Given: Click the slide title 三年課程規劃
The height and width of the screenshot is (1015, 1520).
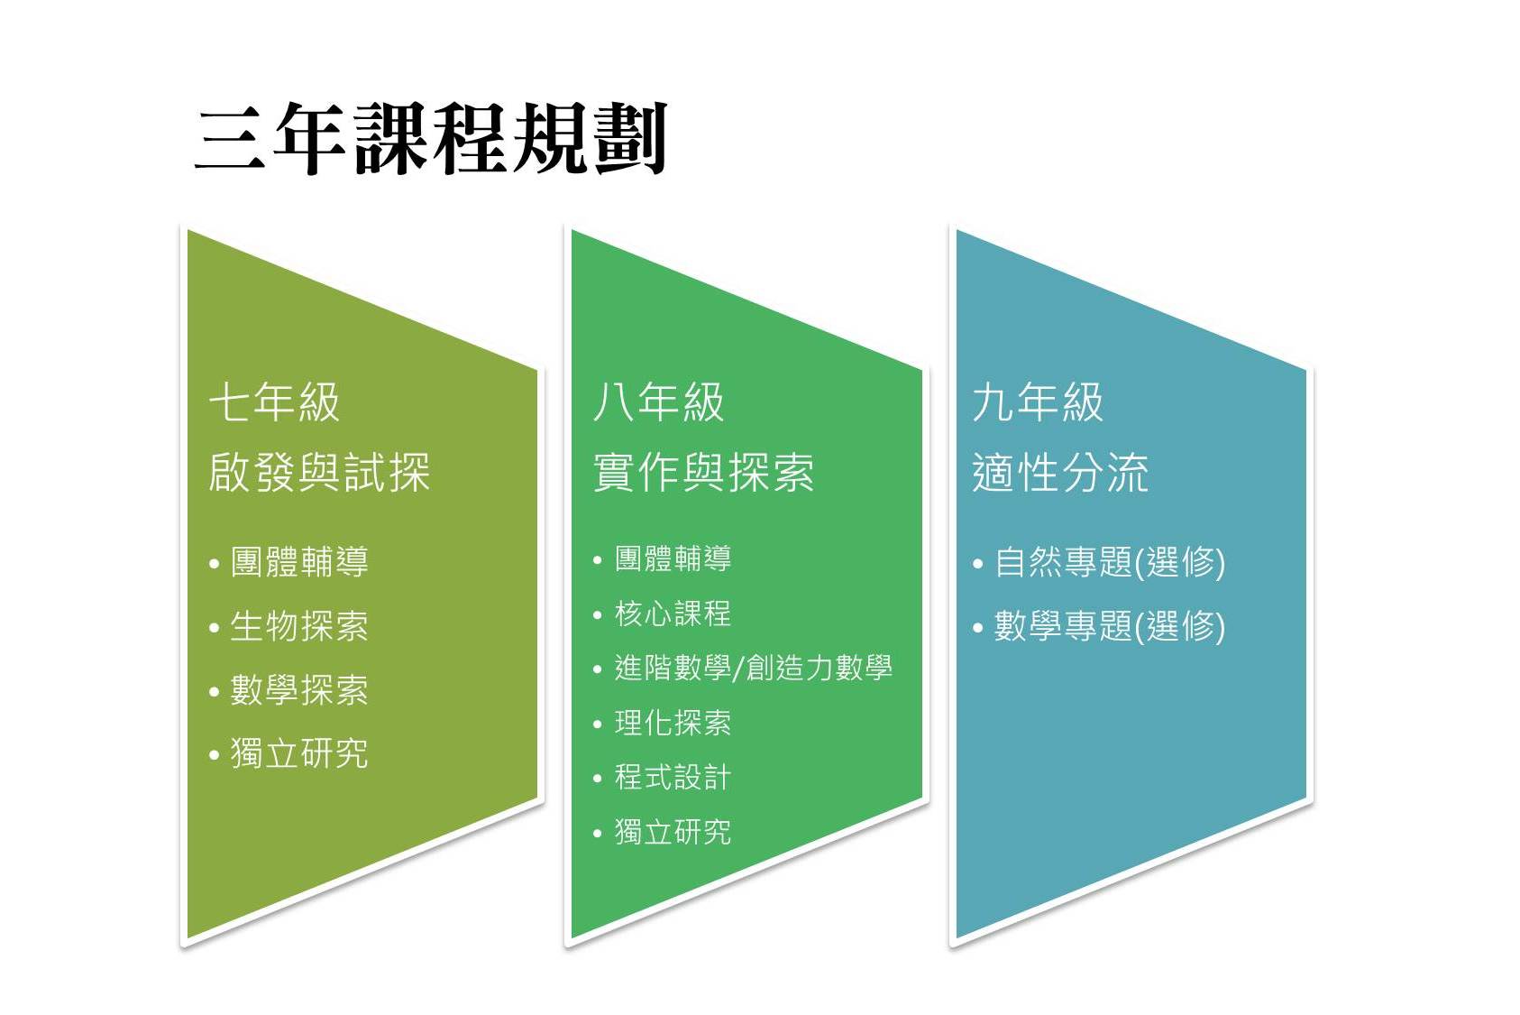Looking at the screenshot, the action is coord(432,139).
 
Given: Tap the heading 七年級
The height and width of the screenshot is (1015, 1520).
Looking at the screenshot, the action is coord(274,401).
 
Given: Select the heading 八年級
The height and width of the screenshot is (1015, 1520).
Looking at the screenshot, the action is coord(658,401).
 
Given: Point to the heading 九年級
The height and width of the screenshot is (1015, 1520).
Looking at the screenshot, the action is coord(1038,401).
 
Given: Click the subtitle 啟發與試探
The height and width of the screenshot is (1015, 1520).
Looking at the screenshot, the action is coord(319,472).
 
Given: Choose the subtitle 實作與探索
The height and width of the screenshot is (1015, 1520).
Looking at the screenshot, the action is coord(704,472).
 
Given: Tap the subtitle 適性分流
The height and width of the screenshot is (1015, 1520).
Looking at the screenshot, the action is coord(1060,472).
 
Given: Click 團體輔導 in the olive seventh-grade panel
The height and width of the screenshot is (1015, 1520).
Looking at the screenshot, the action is coord(299,562).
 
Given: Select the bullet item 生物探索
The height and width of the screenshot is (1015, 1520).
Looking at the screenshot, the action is coord(299,626).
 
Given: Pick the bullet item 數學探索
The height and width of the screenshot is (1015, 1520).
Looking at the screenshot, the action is coord(299,690).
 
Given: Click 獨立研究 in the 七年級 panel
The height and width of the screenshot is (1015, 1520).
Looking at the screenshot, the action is coord(299,753).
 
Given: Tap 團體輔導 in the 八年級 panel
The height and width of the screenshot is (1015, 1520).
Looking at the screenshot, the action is coord(673,558).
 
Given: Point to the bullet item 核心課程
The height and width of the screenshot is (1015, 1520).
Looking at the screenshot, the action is coord(673,614).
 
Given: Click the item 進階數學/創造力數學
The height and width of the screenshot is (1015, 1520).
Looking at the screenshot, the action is coord(753,668).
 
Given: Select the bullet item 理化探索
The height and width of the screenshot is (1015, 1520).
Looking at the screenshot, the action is coord(673,723).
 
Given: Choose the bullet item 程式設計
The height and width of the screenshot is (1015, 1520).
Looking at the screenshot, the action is coord(673,778).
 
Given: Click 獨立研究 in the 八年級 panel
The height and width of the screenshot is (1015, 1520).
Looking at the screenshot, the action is coord(673,833).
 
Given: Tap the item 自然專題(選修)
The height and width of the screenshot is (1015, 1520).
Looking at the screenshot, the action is coord(1110,563).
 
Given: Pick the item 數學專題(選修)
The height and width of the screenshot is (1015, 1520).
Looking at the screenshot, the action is coord(1110,627).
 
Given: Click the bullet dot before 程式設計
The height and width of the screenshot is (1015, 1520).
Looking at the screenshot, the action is coord(597,778).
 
